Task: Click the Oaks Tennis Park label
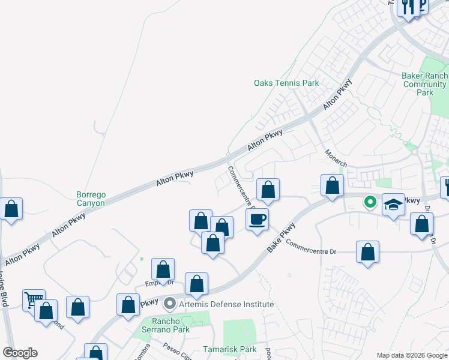pyautogui.click(x=286, y=83)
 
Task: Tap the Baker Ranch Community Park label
pyautogui.click(x=424, y=84)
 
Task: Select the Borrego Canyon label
pyautogui.click(x=91, y=199)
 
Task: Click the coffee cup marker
pyautogui.click(x=257, y=219)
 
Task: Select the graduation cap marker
pyautogui.click(x=393, y=206)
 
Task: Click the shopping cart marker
pyautogui.click(x=34, y=299)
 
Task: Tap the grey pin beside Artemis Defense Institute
pyautogui.click(x=170, y=304)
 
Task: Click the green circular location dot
pyautogui.click(x=370, y=203)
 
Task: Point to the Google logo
pyautogui.click(x=20, y=353)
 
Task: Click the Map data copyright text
pyautogui.click(x=412, y=355)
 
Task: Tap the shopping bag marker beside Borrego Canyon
pyautogui.click(x=11, y=209)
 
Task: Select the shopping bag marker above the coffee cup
pyautogui.click(x=268, y=190)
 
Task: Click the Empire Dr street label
pyautogui.click(x=160, y=282)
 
